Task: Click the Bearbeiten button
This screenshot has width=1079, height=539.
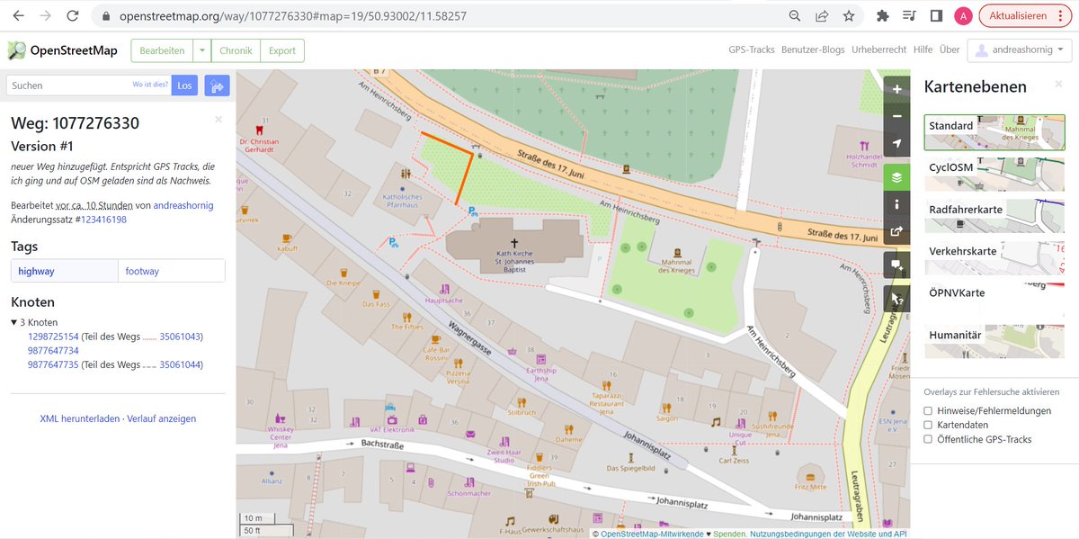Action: click(x=162, y=50)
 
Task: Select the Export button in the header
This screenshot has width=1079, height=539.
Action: click(x=281, y=50)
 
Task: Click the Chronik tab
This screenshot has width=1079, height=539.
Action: click(x=236, y=50)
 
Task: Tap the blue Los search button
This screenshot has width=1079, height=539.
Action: click(x=184, y=85)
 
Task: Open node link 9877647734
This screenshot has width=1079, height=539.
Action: click(x=53, y=351)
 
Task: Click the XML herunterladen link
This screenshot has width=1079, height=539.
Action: click(x=79, y=418)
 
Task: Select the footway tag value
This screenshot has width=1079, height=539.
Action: click(x=144, y=271)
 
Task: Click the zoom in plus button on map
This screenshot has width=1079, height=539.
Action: click(x=896, y=89)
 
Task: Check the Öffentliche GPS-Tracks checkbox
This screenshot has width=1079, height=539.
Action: click(x=928, y=439)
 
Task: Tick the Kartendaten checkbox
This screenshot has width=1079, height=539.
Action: click(x=928, y=425)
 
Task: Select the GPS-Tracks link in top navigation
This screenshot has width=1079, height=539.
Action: click(x=751, y=50)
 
